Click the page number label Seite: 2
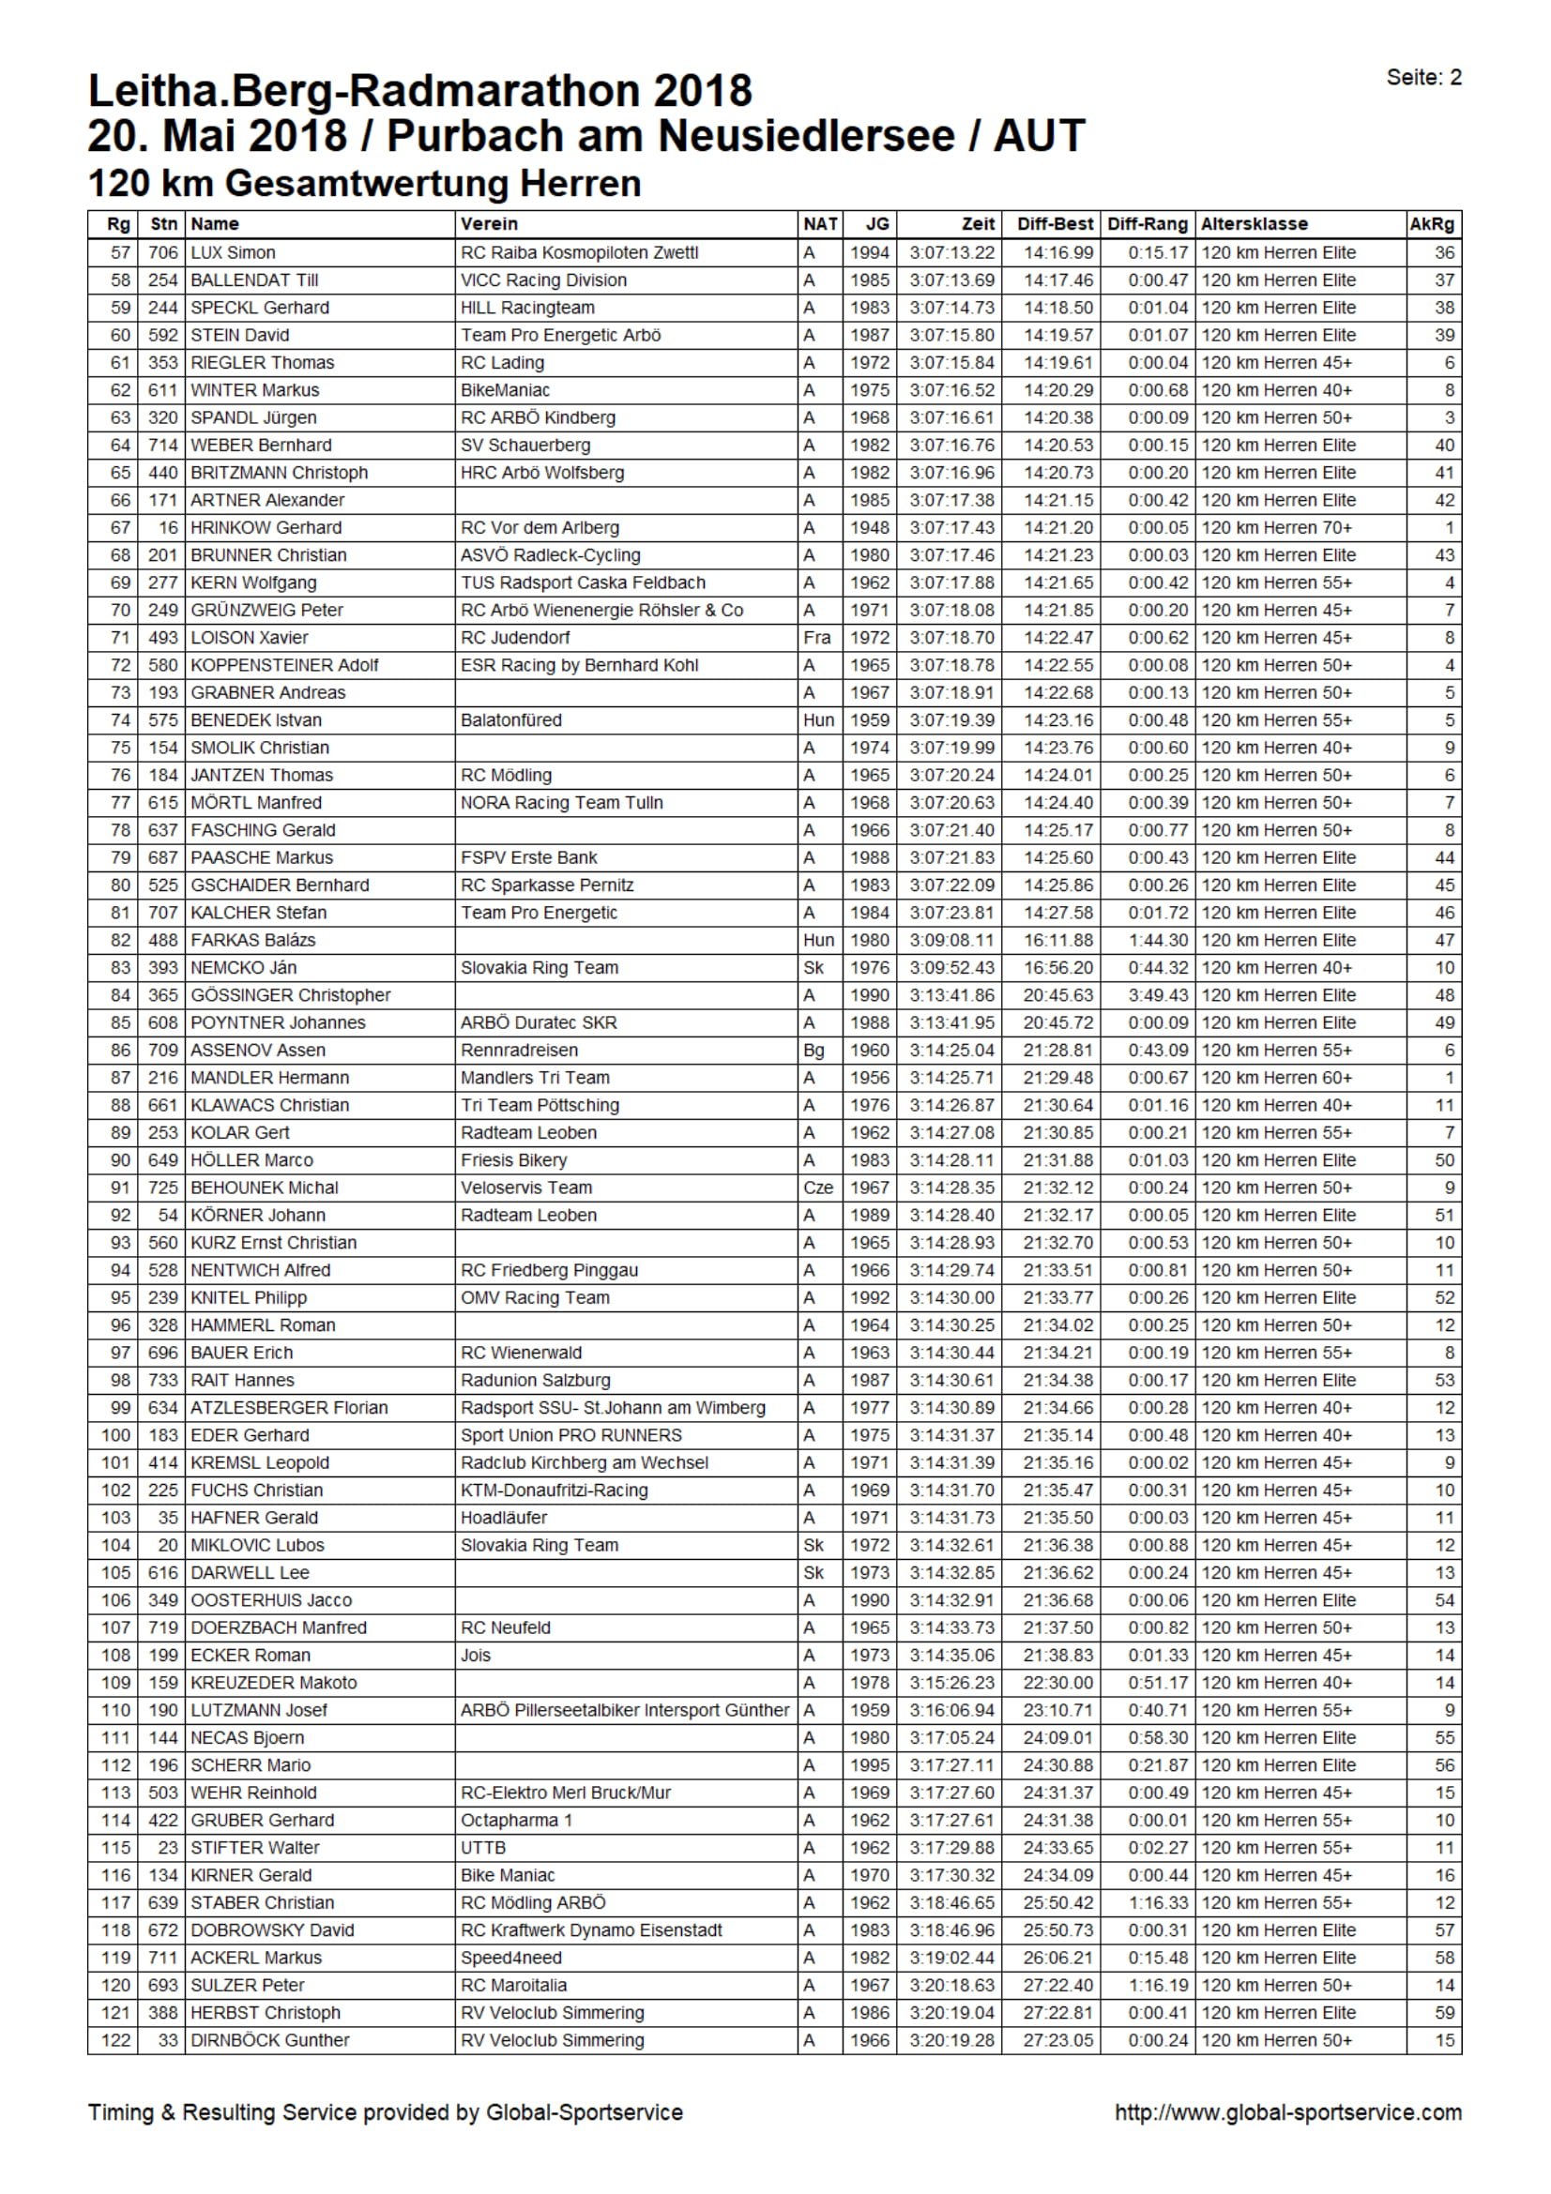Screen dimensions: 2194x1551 (1423, 78)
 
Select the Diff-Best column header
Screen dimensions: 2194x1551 (1054, 224)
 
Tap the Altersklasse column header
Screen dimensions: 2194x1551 (1254, 224)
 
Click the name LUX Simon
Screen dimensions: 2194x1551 (234, 253)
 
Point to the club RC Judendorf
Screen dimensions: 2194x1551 (515, 637)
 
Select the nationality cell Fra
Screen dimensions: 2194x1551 (817, 637)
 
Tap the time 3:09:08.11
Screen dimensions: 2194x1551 (950, 940)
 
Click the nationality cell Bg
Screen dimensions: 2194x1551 (814, 1051)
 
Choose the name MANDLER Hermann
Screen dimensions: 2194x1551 (269, 1078)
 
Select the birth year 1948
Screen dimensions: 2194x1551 (870, 527)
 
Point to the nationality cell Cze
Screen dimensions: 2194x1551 (818, 1188)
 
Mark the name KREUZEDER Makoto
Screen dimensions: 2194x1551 (273, 1683)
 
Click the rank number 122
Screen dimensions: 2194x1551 (115, 2040)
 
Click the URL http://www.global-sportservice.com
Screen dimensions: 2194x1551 (1287, 2111)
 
